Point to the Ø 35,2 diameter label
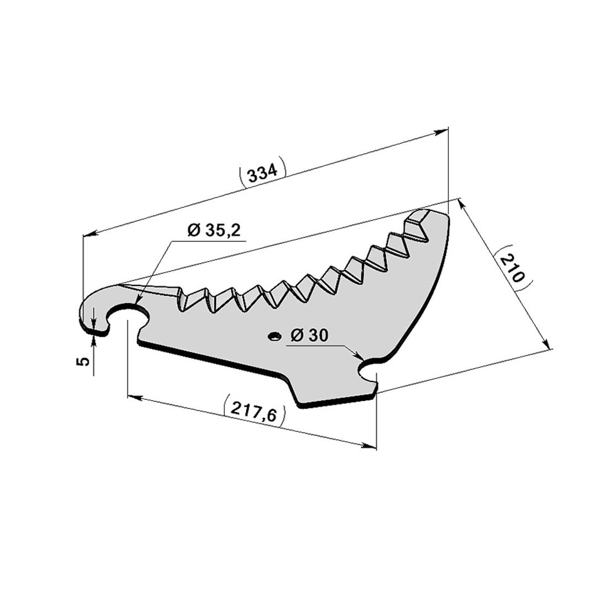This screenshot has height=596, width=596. point(214,230)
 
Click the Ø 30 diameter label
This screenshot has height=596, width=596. point(309,336)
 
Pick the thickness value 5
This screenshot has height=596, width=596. point(83,361)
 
